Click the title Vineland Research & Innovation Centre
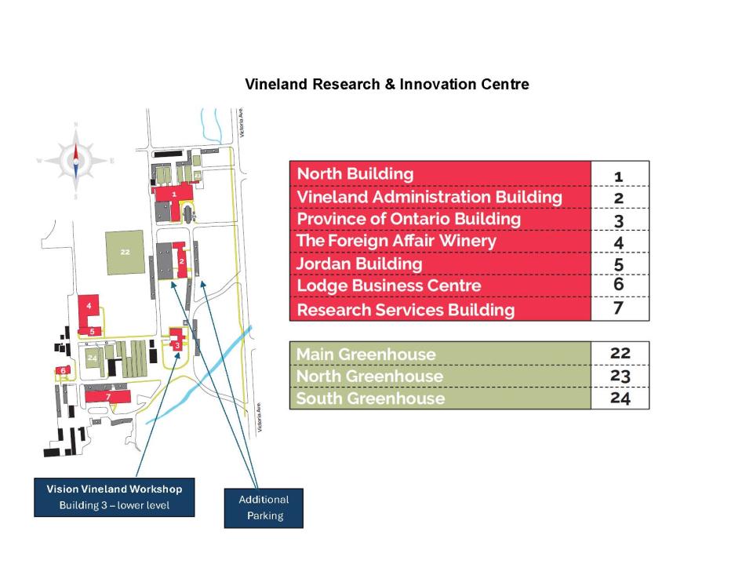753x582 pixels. coord(387,84)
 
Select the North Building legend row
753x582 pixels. coord(440,173)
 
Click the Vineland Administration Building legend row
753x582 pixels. coord(440,196)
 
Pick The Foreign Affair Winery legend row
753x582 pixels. coord(440,241)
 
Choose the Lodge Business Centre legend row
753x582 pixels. coord(440,286)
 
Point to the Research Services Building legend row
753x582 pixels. coord(440,310)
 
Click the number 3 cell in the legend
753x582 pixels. coord(619,219)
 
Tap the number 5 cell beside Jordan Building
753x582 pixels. coord(619,264)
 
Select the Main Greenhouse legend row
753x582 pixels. coord(440,354)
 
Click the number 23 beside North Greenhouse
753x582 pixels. coord(620,376)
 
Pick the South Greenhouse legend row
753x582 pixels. coord(440,398)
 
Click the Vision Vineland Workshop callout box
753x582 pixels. coord(115,497)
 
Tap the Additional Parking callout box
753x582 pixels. coord(264,507)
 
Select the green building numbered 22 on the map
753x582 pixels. coord(125,252)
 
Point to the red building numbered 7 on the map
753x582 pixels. coord(108,396)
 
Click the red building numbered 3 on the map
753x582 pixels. coord(178,344)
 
